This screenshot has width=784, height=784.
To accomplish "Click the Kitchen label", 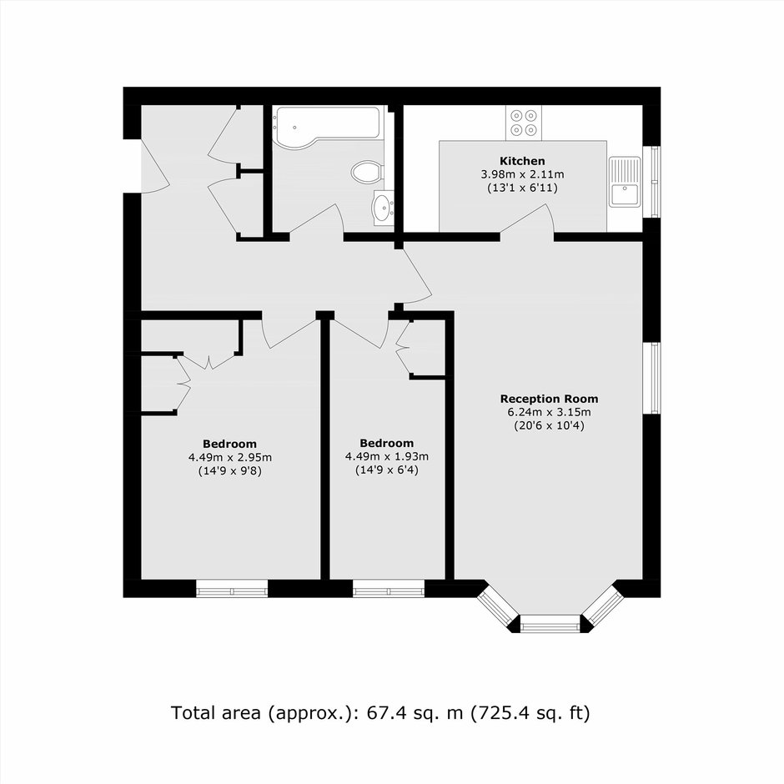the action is [522, 161].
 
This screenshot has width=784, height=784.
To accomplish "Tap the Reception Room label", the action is [549, 399].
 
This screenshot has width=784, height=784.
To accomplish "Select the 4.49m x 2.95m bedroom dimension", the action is [230, 457].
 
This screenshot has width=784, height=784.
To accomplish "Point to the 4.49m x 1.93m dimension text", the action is [386, 456].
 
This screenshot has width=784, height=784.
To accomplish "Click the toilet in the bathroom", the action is [367, 172].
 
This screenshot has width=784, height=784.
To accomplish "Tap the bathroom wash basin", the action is [384, 207].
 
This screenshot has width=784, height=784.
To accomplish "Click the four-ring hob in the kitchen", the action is [524, 123].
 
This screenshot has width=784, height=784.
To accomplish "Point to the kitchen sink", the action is [625, 181].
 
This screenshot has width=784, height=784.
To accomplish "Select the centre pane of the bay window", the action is [550, 625].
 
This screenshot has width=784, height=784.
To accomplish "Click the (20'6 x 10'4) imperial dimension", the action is [549, 426].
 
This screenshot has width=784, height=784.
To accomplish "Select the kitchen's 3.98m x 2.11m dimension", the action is [522, 174].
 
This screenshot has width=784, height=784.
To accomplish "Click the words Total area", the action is [215, 713].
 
